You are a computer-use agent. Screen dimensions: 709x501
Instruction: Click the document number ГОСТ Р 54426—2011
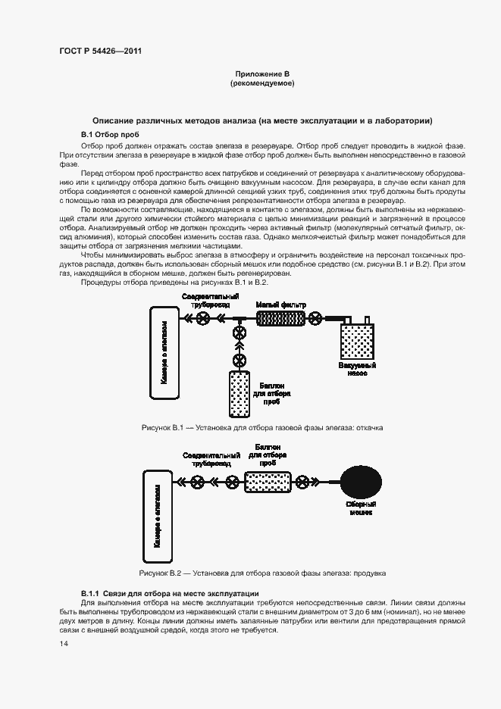tap(100, 51)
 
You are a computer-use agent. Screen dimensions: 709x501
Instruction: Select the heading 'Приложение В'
tap(262, 74)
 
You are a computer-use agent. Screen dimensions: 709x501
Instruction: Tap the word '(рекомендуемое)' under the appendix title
tap(262, 83)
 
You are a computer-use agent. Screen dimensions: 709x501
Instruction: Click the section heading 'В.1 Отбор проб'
tap(110, 134)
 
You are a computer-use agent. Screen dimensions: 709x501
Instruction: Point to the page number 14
tap(64, 643)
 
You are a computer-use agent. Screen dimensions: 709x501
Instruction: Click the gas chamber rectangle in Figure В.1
tap(168, 352)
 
